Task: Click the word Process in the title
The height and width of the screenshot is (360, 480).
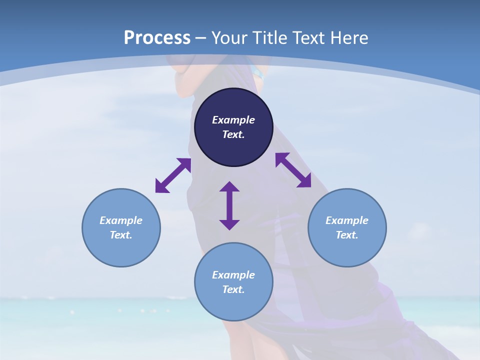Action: point(157,38)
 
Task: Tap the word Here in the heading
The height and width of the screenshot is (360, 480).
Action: point(348,38)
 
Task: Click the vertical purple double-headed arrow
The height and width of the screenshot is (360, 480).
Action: point(229,205)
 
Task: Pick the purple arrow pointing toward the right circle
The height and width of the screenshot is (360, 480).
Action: point(293,170)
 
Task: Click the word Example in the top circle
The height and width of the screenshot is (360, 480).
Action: point(233,120)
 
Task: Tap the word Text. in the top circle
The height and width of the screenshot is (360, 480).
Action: point(233,134)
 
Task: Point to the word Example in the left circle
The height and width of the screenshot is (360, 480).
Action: point(121,220)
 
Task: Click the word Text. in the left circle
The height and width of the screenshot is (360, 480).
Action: point(121,235)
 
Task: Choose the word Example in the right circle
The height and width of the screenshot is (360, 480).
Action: point(347,220)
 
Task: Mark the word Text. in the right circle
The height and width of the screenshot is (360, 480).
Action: point(347,235)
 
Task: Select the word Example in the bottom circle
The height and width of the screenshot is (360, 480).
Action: point(233,275)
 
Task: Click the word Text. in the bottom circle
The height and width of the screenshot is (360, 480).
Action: point(233,289)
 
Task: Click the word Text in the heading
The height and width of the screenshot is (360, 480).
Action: point(309,38)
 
